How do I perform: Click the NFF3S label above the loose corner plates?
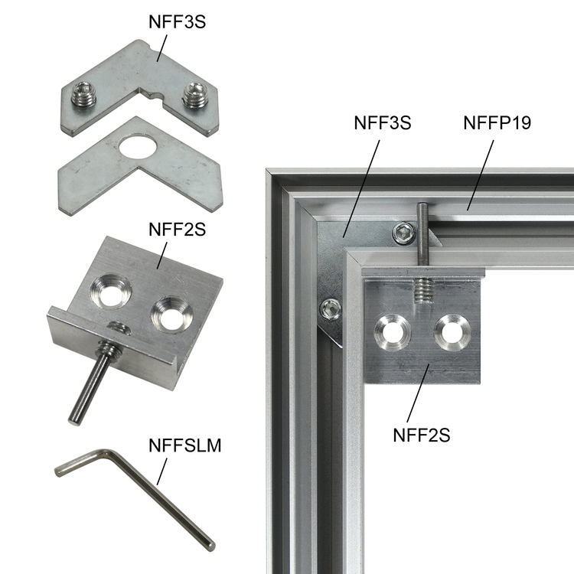click(x=178, y=22)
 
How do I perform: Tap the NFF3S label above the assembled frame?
click(x=382, y=122)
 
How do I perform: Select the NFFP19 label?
click(x=497, y=122)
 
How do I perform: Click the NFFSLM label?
click(x=185, y=445)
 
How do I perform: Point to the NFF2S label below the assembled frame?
click(x=422, y=435)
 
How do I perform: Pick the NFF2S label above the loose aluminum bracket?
click(x=178, y=230)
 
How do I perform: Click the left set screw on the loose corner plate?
click(x=83, y=95)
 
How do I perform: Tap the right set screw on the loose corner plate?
click(x=195, y=95)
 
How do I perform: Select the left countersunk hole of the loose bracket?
click(x=110, y=292)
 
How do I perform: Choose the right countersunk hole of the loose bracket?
click(x=171, y=315)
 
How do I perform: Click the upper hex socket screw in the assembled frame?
click(x=405, y=233)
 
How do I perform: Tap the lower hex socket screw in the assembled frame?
click(x=331, y=308)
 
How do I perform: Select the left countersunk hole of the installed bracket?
click(x=393, y=333)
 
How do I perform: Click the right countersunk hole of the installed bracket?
click(x=452, y=332)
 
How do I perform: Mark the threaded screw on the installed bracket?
click(x=423, y=290)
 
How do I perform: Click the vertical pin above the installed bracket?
click(x=422, y=234)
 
